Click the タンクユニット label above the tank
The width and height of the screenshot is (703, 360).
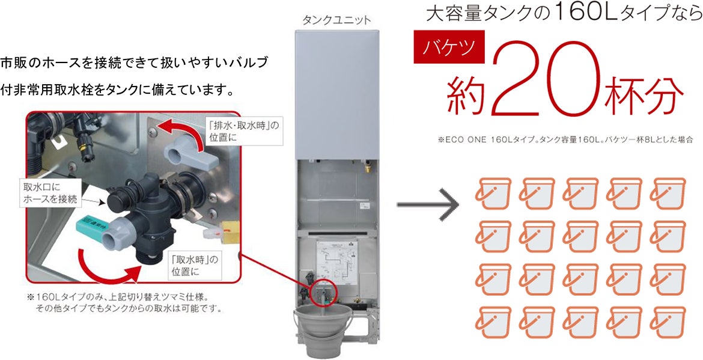point(336,20)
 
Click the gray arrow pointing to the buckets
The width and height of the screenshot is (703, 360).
point(427,204)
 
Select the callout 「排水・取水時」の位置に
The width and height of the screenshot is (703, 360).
point(243,131)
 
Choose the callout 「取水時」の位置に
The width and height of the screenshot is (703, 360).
point(193,266)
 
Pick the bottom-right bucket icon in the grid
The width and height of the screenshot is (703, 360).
point(669,322)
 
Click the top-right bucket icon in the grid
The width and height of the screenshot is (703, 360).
point(669,193)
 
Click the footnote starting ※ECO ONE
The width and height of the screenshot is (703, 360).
point(565,139)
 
